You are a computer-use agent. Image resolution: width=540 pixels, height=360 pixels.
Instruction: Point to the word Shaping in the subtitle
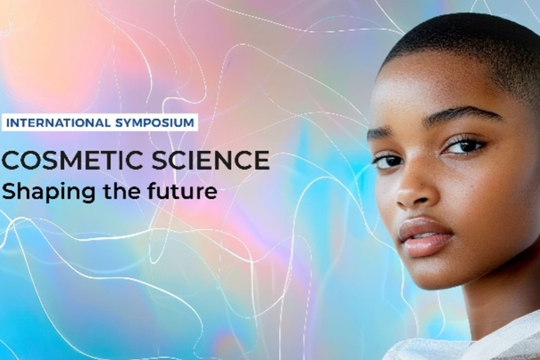pos(48,192)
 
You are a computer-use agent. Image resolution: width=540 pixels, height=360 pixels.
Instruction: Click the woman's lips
pos(424,237)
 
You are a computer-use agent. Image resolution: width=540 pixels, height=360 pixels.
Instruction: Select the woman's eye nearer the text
pos(388,161)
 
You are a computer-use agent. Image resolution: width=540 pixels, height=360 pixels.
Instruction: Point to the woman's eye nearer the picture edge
pos(465,147)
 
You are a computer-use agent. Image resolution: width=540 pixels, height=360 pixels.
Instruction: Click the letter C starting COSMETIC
pos(10,160)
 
